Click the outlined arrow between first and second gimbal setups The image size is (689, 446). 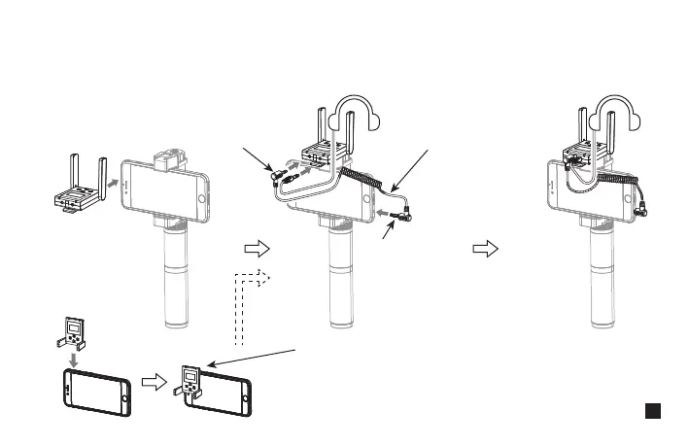click(256, 249)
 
